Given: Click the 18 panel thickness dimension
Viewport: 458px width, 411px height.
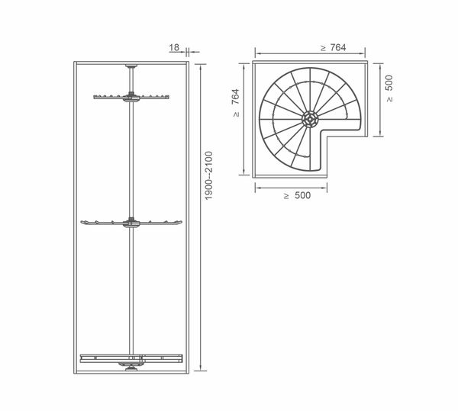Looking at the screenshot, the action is tap(174, 47).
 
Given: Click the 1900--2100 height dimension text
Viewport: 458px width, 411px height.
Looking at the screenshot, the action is tap(209, 175).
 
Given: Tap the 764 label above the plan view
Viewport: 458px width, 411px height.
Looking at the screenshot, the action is tap(338, 47).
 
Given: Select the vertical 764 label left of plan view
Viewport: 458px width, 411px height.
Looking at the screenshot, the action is tap(235, 97).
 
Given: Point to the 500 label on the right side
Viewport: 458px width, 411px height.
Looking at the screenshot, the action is tap(389, 83).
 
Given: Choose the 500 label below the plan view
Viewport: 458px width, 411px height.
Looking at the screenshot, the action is tap(302, 195).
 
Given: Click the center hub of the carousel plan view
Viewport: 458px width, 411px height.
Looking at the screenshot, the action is tap(309, 119).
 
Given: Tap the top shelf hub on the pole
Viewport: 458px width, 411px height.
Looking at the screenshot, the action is tap(131, 97).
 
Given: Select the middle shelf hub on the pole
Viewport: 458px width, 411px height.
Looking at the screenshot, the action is tap(131, 222).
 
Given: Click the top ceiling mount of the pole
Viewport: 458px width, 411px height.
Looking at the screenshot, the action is tap(131, 66).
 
